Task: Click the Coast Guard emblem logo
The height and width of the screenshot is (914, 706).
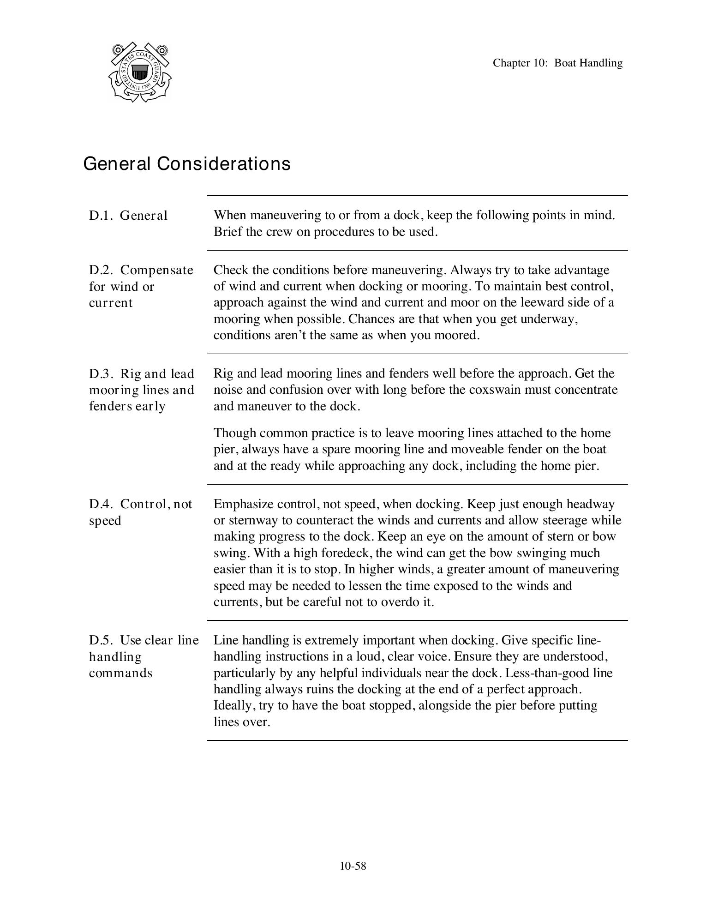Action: pos(140,72)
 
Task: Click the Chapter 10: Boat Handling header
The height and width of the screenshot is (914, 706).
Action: pos(557,63)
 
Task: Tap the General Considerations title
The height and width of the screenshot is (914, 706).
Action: pos(187,164)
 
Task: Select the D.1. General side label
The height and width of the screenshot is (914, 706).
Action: pos(128,216)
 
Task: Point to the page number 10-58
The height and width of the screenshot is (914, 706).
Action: pos(353,866)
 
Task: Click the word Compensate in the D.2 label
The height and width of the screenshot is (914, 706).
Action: pos(157,270)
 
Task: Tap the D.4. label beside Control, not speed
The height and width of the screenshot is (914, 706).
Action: pos(101,504)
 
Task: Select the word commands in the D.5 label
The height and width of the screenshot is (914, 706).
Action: pos(120,673)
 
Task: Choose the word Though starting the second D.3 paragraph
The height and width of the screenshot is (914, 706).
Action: pos(234,433)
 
